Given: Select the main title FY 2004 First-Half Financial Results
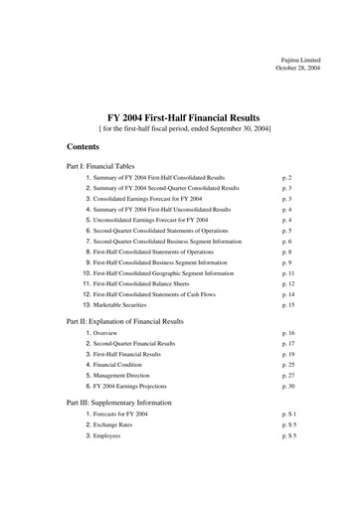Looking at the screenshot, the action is pyautogui.click(x=180, y=116).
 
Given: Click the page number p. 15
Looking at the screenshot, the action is pyautogui.click(x=288, y=304).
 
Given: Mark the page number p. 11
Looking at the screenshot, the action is pyautogui.click(x=288, y=271).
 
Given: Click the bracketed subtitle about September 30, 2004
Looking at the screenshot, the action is pyautogui.click(x=180, y=128).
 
